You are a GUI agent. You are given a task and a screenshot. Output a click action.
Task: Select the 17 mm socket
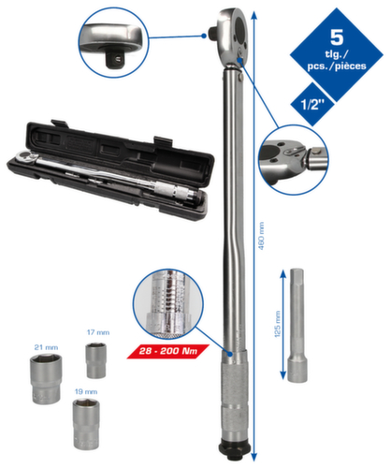click(96, 360)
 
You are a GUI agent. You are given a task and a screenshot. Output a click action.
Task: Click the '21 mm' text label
click(46, 347)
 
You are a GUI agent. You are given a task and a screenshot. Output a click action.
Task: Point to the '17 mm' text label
click(98, 332)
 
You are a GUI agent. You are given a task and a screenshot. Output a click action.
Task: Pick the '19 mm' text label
click(86, 391)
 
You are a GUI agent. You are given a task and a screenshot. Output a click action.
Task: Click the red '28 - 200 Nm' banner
click(168, 351)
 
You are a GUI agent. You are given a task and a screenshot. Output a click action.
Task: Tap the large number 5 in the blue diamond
click(337, 37)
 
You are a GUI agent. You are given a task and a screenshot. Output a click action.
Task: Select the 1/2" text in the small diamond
click(312, 104)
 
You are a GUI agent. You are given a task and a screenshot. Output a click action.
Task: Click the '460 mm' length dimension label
click(261, 236)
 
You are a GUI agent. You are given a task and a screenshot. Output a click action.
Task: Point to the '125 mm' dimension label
click(277, 324)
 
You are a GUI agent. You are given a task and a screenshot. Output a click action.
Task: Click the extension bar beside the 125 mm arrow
click(297, 325)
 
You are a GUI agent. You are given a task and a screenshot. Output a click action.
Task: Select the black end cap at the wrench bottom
click(235, 448)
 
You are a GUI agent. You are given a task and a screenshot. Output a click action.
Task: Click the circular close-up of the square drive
click(113, 42)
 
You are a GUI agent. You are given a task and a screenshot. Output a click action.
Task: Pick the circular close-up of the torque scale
click(168, 304)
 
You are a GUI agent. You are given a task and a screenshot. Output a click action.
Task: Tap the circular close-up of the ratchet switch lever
click(294, 160)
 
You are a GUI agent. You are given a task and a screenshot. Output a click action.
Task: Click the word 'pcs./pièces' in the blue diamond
click(337, 66)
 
